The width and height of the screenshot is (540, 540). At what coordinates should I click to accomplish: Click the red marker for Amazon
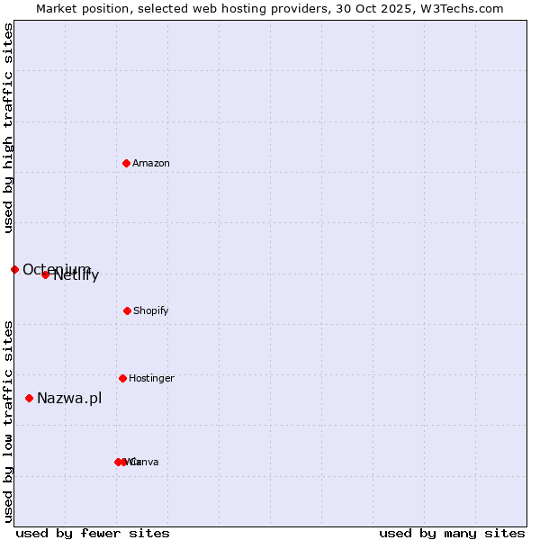point(126,163)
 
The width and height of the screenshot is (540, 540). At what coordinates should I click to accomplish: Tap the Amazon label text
point(151,163)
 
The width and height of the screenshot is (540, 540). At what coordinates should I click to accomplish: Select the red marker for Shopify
point(127,310)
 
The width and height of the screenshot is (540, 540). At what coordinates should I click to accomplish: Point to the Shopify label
point(151,310)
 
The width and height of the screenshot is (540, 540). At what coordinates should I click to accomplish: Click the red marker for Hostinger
point(122,378)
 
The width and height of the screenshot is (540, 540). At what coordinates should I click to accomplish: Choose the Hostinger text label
point(151,378)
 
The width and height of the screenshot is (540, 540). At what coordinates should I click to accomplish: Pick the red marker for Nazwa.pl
point(29,398)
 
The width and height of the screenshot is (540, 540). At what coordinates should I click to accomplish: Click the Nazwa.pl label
point(69,398)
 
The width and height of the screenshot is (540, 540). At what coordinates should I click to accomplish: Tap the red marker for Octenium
point(14,269)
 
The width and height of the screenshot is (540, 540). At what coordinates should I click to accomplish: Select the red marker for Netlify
point(45,274)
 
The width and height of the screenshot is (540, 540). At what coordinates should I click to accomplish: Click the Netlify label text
point(76,275)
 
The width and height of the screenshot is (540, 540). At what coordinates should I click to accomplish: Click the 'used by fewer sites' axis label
point(93,533)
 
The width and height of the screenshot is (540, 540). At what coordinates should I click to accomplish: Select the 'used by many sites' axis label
point(452,533)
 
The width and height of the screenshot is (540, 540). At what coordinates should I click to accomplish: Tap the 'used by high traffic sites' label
point(8,128)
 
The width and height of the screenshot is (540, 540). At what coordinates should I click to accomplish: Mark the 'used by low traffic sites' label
point(8,420)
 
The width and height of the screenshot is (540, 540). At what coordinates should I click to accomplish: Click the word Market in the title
point(57,8)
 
